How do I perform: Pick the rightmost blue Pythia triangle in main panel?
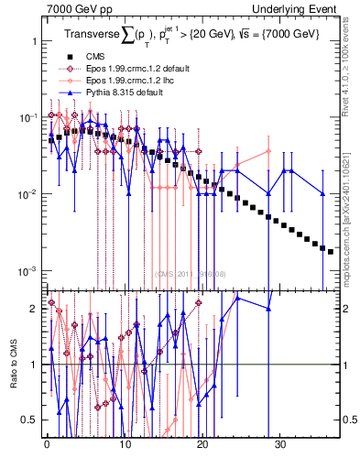323,193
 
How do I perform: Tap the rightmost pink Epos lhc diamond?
268,151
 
